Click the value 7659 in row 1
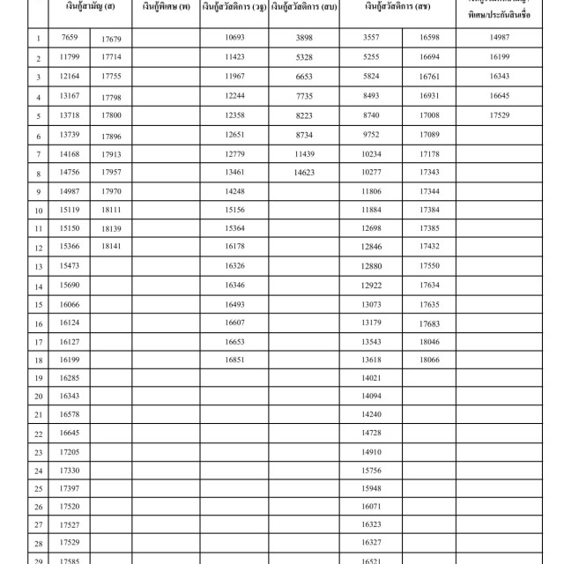[x=70, y=38]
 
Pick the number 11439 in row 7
[x=305, y=154]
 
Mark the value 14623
[x=305, y=174]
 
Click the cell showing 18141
[x=111, y=247]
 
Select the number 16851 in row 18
[x=234, y=360]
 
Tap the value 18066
[x=430, y=360]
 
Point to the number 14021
[x=371, y=378]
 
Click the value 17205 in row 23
[x=70, y=451]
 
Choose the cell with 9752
[x=371, y=135]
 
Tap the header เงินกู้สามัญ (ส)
[x=90, y=7]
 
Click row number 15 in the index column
[x=39, y=305]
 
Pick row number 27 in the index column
[x=39, y=526]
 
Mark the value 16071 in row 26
[x=371, y=507]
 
